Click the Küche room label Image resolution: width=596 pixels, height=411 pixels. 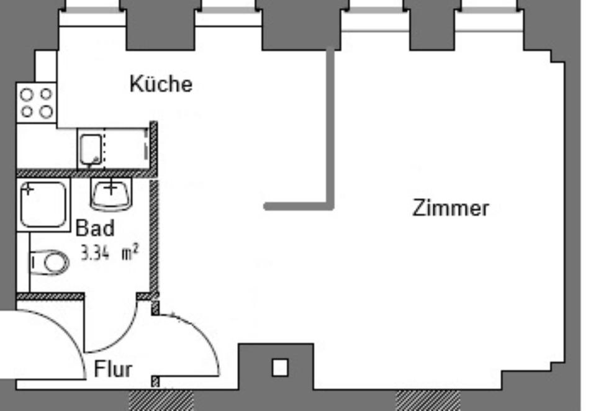click(161, 84)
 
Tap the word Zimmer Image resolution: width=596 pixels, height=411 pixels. click(450, 208)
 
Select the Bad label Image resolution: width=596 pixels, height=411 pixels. click(95, 228)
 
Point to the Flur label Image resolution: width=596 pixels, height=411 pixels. click(113, 369)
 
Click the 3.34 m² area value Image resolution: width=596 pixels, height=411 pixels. click(109, 253)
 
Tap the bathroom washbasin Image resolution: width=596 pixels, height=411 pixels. click(112, 194)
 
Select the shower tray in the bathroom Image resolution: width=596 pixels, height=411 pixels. click(43, 204)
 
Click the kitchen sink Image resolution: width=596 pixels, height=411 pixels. click(91, 149)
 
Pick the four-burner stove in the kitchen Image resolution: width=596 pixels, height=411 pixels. click(36, 102)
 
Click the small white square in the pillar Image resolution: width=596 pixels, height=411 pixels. click(280, 368)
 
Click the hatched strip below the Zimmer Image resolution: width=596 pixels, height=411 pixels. click(428, 400)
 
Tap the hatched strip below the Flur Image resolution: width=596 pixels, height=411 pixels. click(161, 400)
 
